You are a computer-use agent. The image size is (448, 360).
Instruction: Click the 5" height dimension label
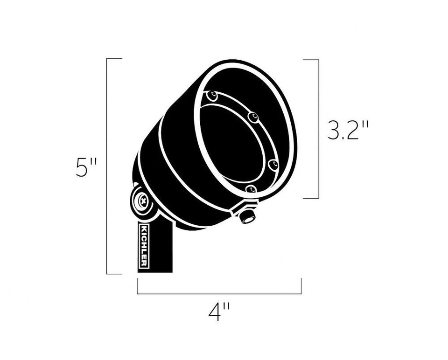(x=86, y=167)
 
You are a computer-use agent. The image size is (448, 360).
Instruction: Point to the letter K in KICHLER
(x=144, y=229)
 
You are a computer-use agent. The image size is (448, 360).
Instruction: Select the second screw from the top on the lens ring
(x=253, y=118)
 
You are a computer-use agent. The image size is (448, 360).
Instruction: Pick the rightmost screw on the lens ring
(x=273, y=165)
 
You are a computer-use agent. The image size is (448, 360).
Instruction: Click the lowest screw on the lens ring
(x=251, y=189)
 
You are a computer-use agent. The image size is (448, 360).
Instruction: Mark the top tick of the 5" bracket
(x=114, y=59)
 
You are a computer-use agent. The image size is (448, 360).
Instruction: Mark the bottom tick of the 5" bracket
(x=114, y=274)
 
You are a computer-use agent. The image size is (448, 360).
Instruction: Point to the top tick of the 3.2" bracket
(x=311, y=60)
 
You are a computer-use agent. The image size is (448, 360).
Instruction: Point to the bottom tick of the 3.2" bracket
(x=311, y=198)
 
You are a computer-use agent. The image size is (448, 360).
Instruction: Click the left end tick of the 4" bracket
(x=137, y=286)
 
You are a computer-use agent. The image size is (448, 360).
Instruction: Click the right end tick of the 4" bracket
(x=301, y=286)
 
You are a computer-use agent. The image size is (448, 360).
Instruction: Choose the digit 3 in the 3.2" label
(x=334, y=132)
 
